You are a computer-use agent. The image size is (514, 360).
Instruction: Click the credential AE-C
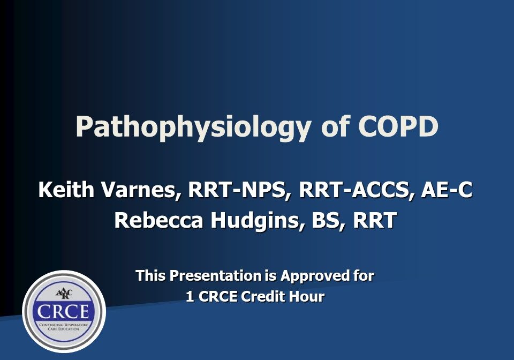[x=446, y=190]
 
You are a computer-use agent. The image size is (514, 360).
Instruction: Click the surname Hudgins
[x=256, y=220]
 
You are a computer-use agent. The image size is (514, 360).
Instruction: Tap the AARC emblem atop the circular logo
[x=64, y=293]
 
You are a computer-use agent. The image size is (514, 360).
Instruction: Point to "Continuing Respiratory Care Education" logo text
[x=64, y=327]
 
